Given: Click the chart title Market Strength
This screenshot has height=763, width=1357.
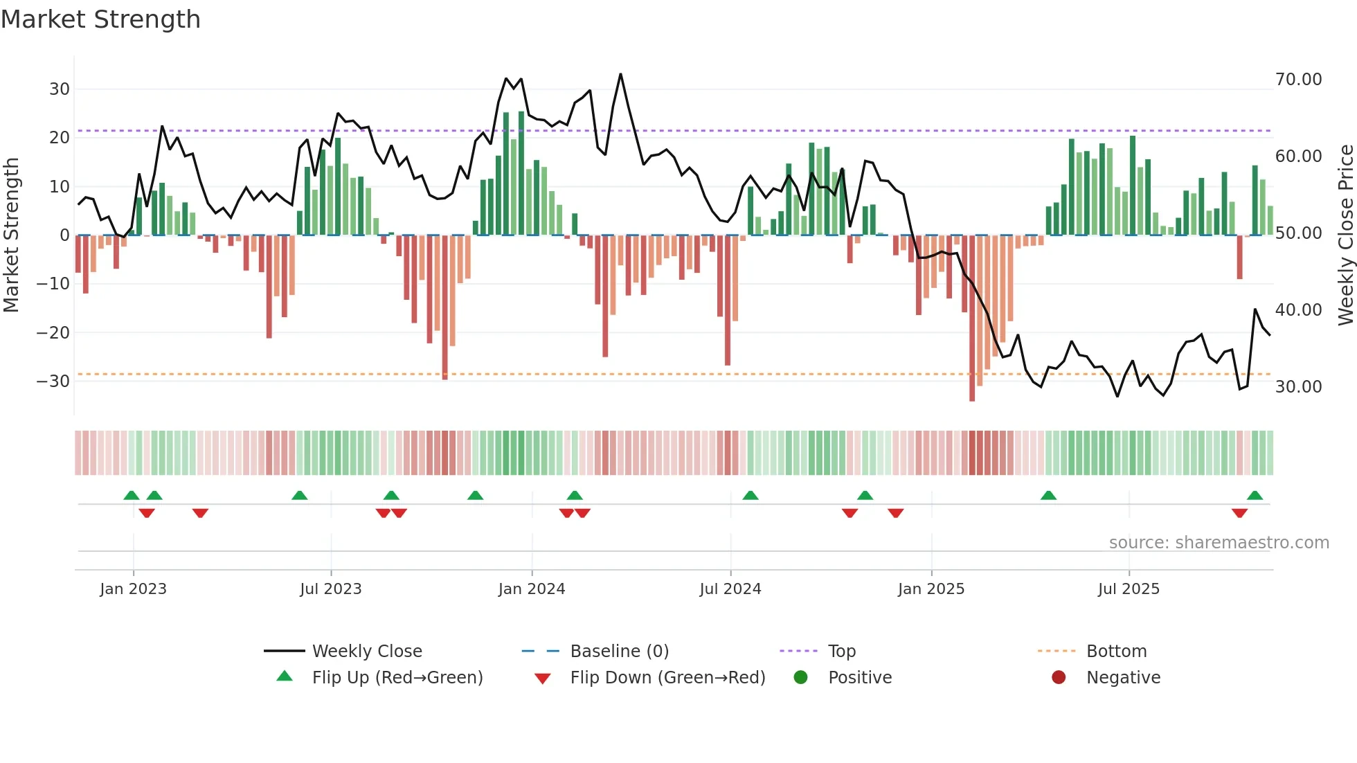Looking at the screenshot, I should click(100, 19).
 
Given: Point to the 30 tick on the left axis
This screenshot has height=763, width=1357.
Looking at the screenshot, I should click(60, 89).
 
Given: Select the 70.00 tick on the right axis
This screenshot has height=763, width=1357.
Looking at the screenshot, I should click(1298, 80).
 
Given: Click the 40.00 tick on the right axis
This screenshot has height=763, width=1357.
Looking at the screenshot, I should click(1298, 309).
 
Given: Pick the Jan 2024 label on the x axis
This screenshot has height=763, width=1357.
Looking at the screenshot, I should click(531, 589).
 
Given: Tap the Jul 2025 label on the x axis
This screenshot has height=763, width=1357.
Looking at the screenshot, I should click(1128, 589).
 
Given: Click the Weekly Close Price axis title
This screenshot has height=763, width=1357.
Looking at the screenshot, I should click(1345, 235).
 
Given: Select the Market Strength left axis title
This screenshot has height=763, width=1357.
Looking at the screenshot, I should click(11, 235).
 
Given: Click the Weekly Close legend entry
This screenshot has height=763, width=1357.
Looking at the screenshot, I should click(366, 651).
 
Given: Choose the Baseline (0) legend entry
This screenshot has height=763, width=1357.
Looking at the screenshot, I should click(619, 651).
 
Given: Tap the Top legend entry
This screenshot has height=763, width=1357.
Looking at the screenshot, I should click(841, 651).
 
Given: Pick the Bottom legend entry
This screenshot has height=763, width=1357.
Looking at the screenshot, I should click(1116, 651).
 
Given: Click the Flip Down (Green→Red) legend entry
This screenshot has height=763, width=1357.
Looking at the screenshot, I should click(667, 677).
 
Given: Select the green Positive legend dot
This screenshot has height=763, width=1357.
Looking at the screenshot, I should click(800, 677).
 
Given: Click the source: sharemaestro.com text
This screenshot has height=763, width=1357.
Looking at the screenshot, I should click(1219, 542).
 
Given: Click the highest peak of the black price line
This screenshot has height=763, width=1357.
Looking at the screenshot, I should click(620, 74).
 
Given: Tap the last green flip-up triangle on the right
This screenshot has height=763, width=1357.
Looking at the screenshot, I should click(1255, 495).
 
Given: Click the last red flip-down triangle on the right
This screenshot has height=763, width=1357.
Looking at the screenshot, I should click(1239, 513).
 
